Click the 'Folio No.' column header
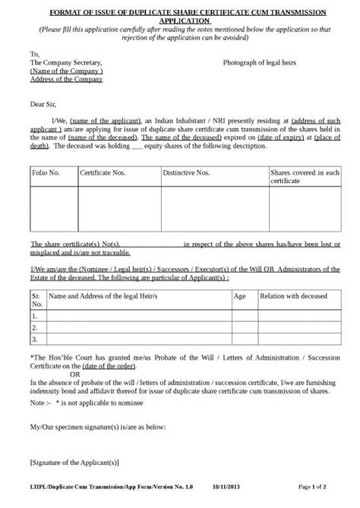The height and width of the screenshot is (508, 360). tap(46, 174)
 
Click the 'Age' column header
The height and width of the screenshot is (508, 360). tap(240, 298)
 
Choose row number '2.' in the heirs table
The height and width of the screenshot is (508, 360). tap(35, 327)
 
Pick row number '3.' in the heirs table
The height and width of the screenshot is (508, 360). tap(35, 339)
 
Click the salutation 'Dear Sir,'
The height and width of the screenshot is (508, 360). tap(44, 101)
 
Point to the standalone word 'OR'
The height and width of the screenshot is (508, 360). tap(74, 374)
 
